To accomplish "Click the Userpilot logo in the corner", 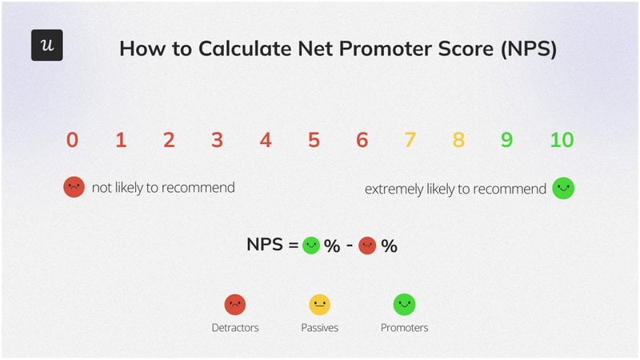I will (46, 46).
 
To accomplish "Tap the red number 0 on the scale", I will (72, 140).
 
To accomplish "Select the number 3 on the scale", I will (217, 140).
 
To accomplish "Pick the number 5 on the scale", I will (314, 140).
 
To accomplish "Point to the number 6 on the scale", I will (362, 140).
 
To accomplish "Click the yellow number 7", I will (410, 140).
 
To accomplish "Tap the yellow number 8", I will (458, 140).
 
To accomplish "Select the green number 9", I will (506, 140).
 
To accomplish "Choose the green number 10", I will (562, 140).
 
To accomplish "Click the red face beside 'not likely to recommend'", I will (74, 188).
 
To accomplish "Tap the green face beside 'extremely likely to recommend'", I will (563, 188).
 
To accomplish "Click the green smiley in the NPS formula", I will (311, 246).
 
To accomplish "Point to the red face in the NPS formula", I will (367, 246).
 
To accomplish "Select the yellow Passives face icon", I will (319, 304).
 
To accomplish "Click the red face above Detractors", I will (234, 304).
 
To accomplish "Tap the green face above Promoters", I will (404, 304).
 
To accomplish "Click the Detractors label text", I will (234, 327).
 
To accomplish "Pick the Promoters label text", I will (404, 327).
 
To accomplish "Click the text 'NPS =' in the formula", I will (272, 246).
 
